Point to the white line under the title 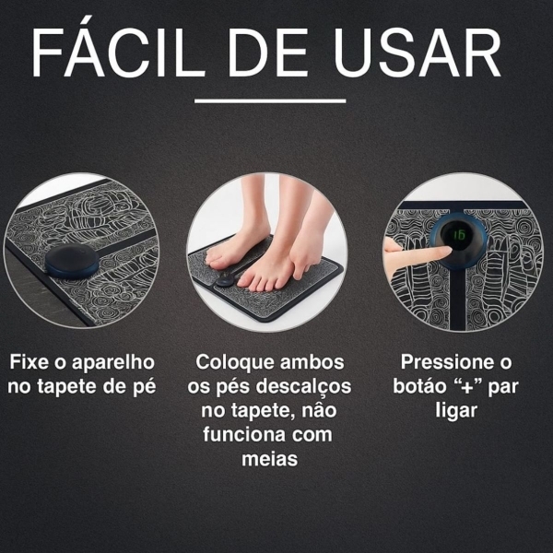click(x=270, y=100)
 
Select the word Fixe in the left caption click(x=30, y=362)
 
